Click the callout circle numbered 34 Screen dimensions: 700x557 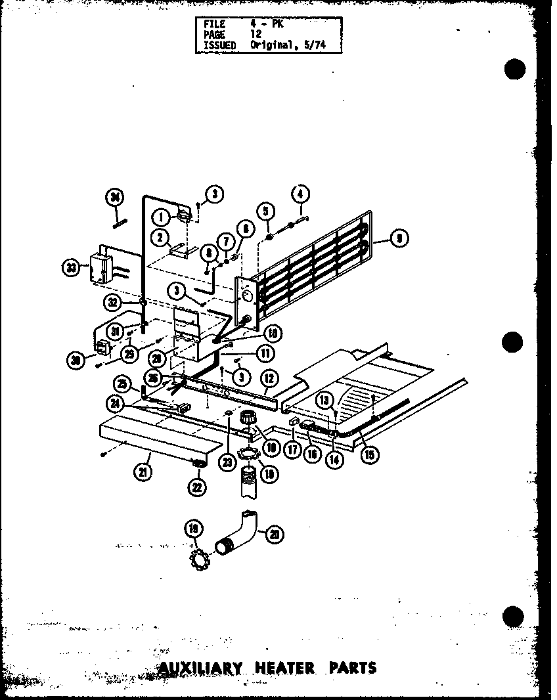tap(115, 197)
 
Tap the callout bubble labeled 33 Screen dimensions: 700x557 tap(70, 267)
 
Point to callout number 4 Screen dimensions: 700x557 tap(300, 194)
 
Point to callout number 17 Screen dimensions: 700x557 tap(292, 450)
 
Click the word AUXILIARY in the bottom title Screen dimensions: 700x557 tap(200, 668)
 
